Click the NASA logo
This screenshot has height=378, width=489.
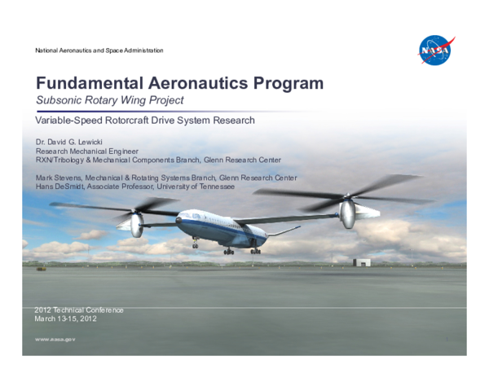click(x=436, y=51)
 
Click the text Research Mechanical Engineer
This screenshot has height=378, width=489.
click(x=86, y=152)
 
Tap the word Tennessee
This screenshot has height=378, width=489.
click(x=213, y=187)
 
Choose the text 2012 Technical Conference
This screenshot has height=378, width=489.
click(x=79, y=310)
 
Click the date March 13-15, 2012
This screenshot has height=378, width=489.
click(x=66, y=319)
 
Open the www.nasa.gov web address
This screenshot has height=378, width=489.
click(x=55, y=341)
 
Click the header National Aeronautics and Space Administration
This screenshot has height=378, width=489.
click(x=99, y=51)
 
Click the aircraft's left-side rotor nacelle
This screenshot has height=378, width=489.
click(x=136, y=224)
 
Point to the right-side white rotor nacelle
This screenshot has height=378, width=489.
click(x=347, y=213)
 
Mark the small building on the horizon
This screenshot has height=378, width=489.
click(x=362, y=262)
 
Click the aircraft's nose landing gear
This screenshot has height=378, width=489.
click(x=195, y=244)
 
